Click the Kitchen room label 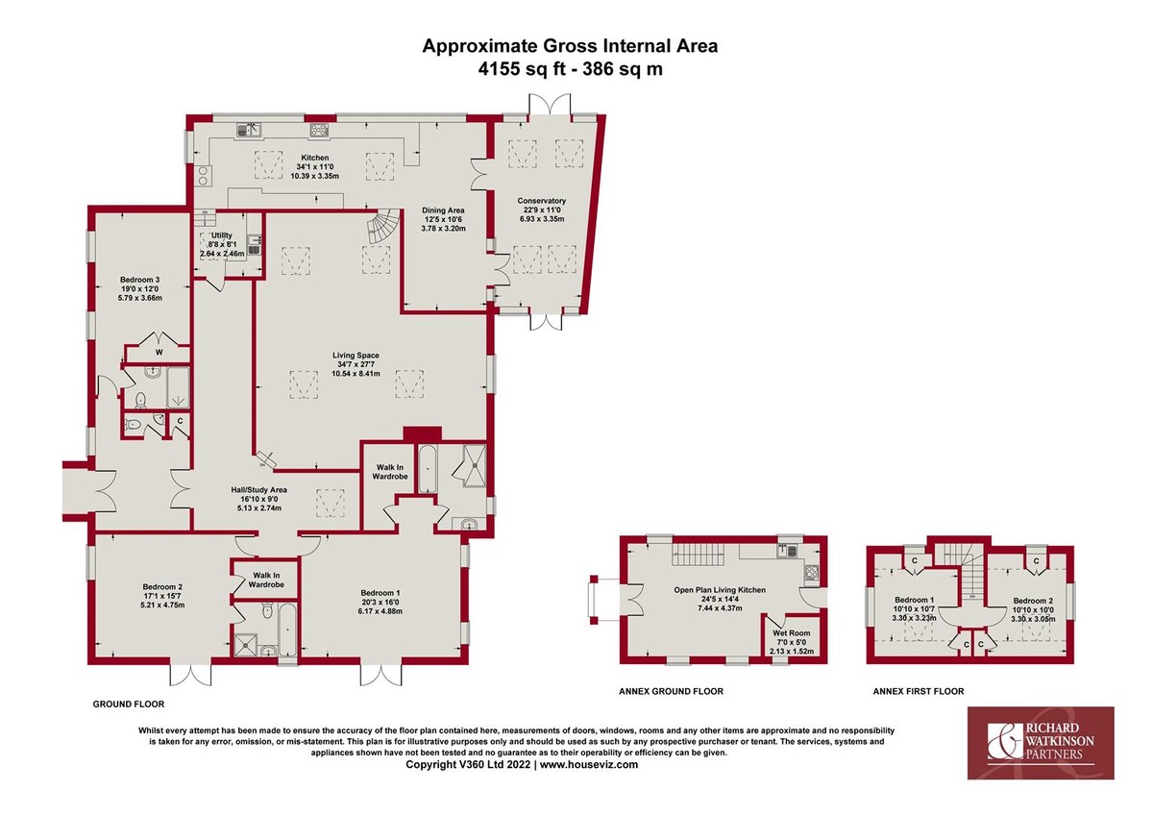pos(315,158)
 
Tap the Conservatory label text pos(542,201)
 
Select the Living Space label pos(356,356)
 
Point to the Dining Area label pos(443,210)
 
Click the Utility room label pos(222,235)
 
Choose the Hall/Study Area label pos(258,490)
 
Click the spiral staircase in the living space pos(383,226)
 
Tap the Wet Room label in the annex pos(791,633)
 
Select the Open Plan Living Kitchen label pos(720,590)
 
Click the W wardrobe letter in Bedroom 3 pos(159,353)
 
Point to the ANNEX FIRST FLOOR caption pos(919,691)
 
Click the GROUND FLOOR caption pos(129,704)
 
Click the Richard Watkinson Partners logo pos(1041,743)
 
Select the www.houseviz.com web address pos(589,765)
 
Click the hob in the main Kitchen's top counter pos(319,131)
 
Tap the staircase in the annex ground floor pos(698,555)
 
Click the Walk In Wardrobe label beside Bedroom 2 pos(266,580)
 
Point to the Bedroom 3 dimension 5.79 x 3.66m pos(140,298)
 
